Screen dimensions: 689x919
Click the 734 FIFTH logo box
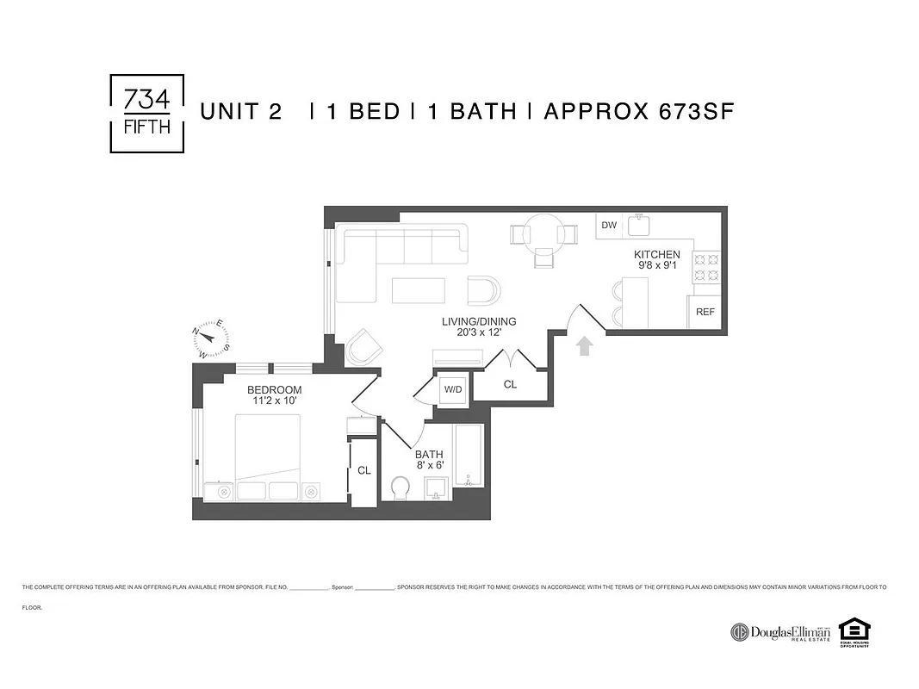(x=147, y=114)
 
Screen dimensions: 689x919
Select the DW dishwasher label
(x=609, y=226)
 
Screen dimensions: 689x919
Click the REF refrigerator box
(x=705, y=312)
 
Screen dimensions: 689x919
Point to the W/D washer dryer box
(x=452, y=389)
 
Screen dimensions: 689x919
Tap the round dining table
(x=544, y=233)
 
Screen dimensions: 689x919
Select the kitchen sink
(x=639, y=226)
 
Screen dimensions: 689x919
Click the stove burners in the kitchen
(x=706, y=266)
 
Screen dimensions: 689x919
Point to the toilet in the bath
(x=401, y=489)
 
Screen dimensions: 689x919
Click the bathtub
(x=470, y=456)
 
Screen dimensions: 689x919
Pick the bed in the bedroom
(x=268, y=447)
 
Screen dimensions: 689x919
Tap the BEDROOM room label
(x=274, y=390)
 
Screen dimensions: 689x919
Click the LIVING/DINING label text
(x=471, y=321)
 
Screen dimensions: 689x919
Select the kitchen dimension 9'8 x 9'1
(x=657, y=266)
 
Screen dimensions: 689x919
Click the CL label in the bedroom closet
(x=363, y=470)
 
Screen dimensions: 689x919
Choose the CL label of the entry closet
(x=510, y=384)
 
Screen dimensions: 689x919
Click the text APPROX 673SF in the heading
(x=638, y=112)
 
